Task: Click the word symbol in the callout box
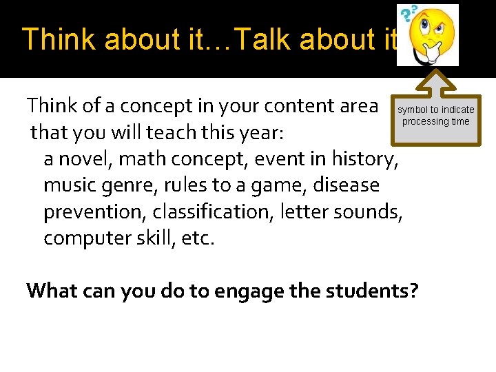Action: coord(412,110)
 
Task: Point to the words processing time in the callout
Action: coord(435,122)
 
